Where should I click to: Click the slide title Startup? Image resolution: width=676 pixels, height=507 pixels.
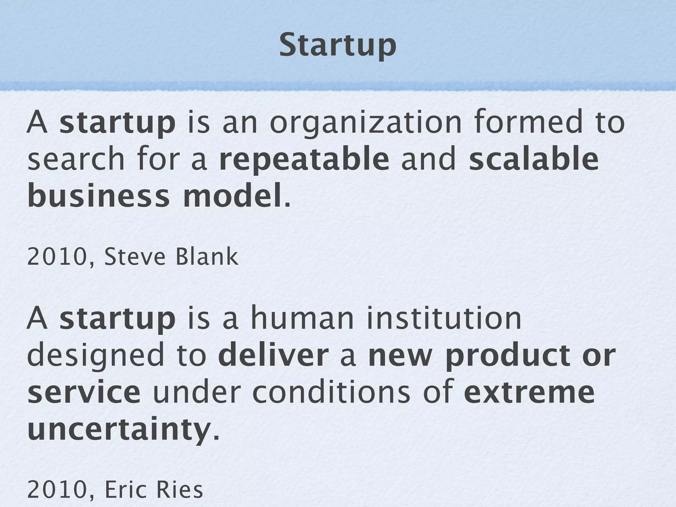337,46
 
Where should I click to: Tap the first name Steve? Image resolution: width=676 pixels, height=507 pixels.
134,257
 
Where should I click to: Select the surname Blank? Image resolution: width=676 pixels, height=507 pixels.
207,257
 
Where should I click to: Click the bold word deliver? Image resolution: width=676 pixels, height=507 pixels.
273,356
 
